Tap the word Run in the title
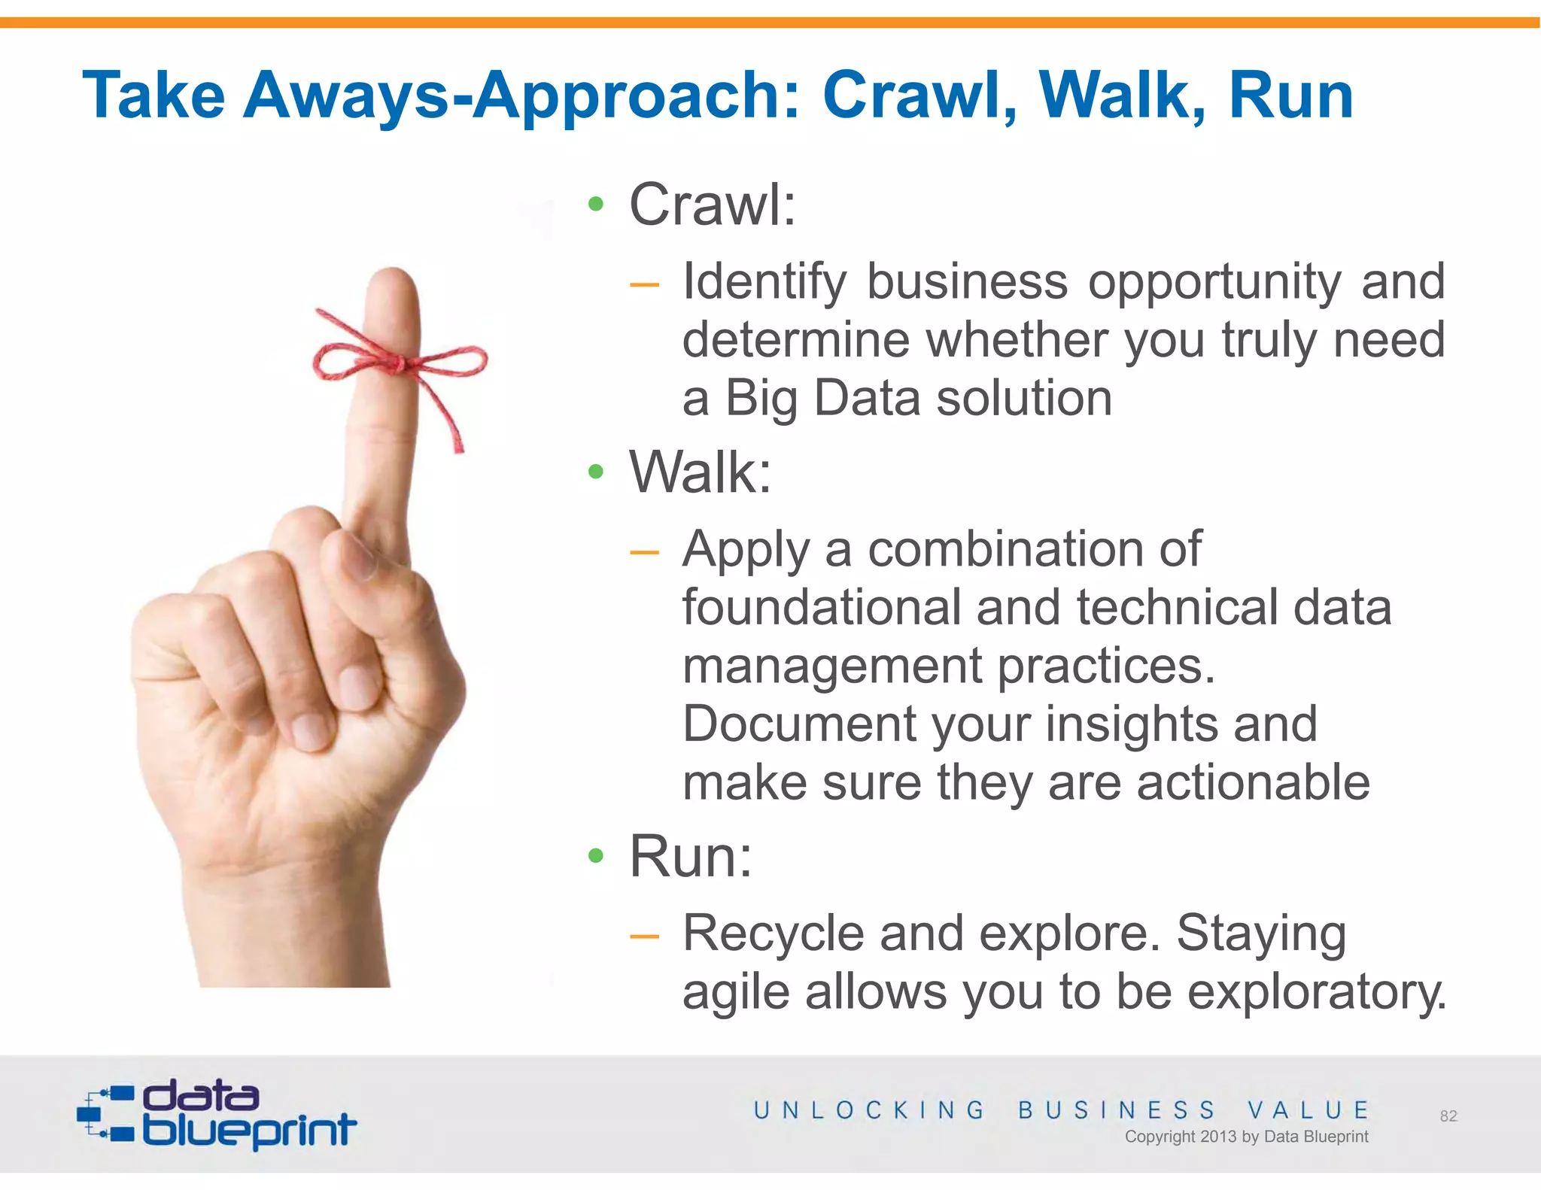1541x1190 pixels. [1290, 96]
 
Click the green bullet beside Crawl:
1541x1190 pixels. [596, 204]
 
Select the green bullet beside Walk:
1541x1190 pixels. [596, 472]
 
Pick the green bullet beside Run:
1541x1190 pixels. [596, 855]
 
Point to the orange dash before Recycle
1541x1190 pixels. [644, 936]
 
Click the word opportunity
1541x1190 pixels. [1214, 283]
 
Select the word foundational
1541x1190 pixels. [821, 607]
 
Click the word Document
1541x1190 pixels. [799, 724]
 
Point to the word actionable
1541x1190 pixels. [1253, 782]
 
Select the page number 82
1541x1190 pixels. [1448, 1116]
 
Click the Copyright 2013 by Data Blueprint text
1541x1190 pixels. [1246, 1137]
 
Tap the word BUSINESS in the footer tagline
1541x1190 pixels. [1117, 1110]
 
